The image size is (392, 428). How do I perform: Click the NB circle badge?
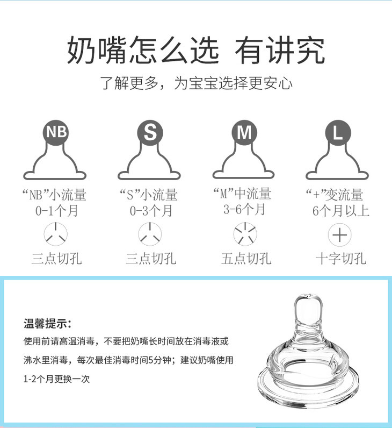(56, 132)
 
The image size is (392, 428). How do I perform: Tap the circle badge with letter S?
(150, 133)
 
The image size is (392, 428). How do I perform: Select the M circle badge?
(244, 133)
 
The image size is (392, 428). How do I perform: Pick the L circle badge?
(338, 133)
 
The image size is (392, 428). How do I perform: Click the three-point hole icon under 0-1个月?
(56, 234)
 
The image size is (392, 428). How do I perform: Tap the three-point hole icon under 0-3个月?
(150, 234)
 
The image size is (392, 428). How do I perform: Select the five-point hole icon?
(245, 234)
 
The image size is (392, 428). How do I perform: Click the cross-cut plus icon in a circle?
(340, 235)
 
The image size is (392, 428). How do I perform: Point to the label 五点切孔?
(246, 259)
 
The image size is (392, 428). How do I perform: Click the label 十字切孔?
(341, 259)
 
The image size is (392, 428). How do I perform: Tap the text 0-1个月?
(57, 211)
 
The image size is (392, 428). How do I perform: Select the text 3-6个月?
(244, 209)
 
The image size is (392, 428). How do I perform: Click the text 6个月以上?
(341, 211)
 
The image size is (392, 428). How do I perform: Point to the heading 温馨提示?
(47, 324)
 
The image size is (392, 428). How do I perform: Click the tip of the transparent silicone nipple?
(308, 295)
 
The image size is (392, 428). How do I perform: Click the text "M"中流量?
(242, 194)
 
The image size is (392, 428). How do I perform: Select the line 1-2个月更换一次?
(56, 379)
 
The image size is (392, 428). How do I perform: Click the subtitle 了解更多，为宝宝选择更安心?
(197, 83)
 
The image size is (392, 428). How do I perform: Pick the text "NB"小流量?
(54, 195)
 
